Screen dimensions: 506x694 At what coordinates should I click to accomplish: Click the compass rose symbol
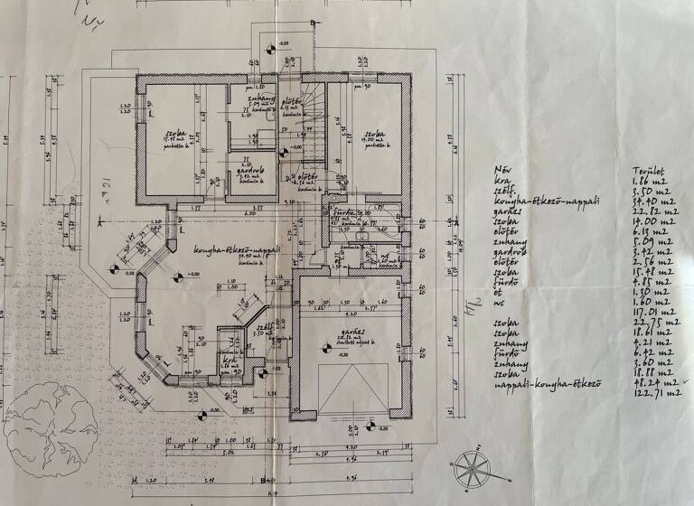[x=471, y=469]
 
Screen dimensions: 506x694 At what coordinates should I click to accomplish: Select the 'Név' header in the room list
[x=502, y=168]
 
